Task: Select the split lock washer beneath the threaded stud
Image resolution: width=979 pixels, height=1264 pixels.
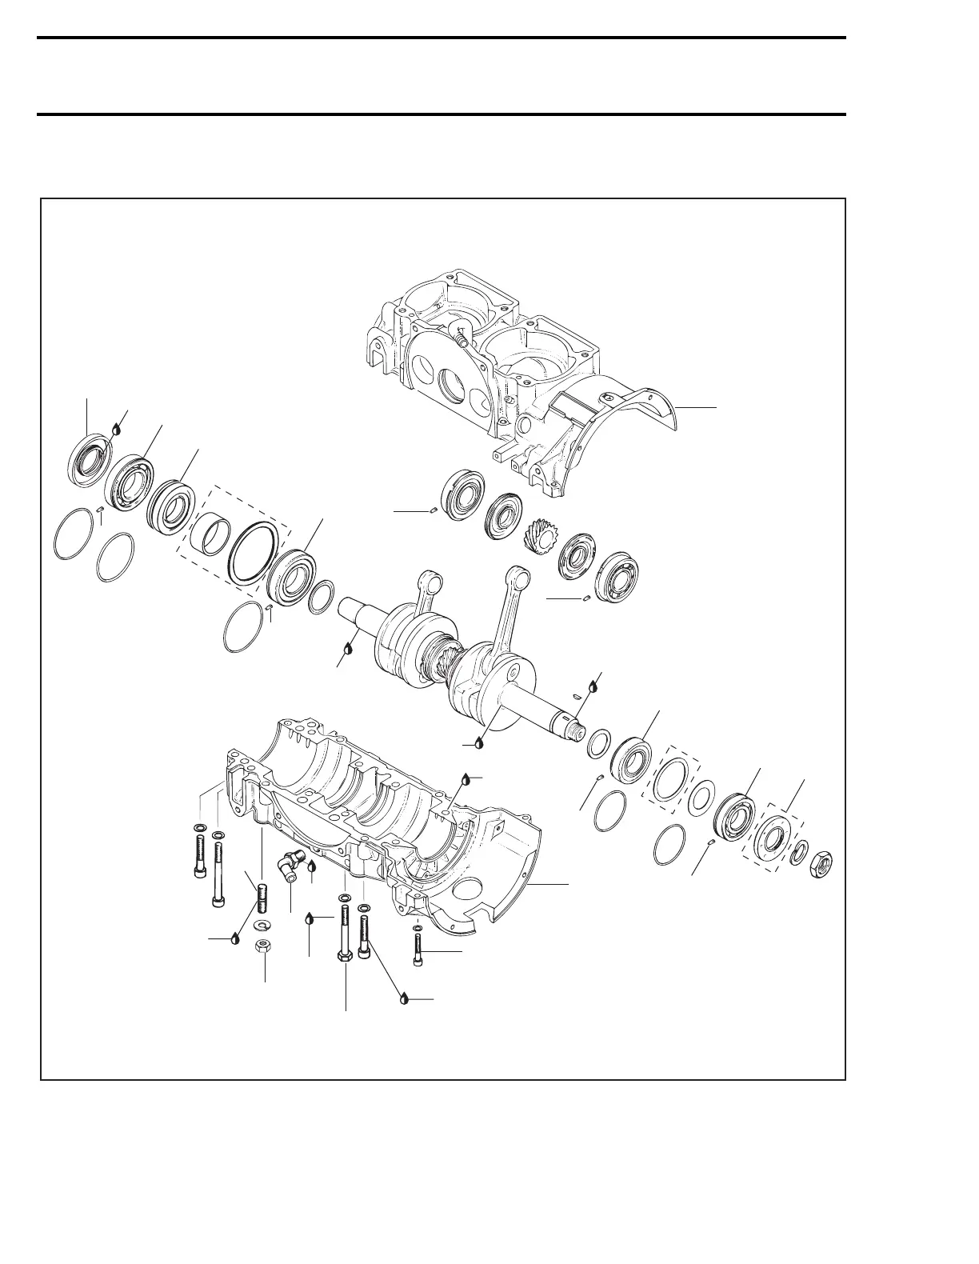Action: pyautogui.click(x=261, y=925)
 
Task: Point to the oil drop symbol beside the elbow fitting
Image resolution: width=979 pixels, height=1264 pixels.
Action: pyautogui.click(x=311, y=866)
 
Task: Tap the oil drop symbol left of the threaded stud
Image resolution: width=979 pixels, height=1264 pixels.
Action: pyautogui.click(x=234, y=938)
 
